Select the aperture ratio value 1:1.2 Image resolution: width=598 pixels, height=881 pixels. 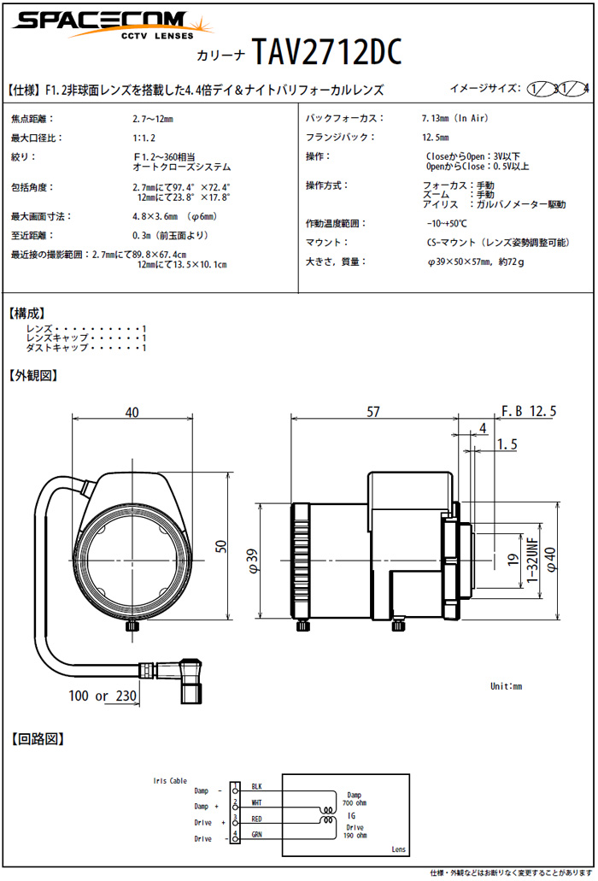144,138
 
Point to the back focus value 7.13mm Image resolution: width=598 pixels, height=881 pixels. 455,119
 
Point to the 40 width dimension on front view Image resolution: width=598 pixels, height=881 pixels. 132,412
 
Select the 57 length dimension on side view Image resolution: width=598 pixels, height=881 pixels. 373,412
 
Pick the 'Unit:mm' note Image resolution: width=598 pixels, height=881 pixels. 506,686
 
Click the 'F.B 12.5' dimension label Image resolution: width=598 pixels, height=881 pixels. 530,412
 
